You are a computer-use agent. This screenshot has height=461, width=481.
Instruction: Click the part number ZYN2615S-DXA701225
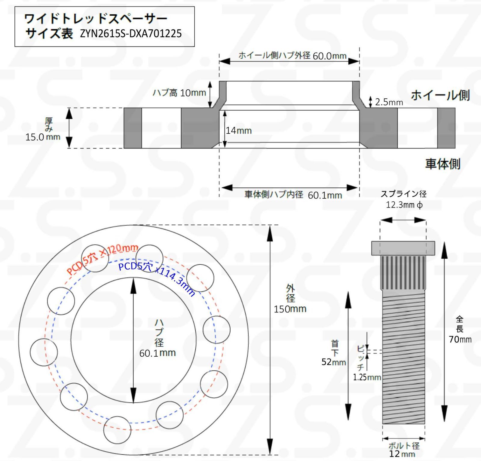pos(131,33)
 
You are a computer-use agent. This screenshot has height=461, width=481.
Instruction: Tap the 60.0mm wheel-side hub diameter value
pos(329,56)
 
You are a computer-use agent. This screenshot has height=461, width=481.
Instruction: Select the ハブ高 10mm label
pos(179,93)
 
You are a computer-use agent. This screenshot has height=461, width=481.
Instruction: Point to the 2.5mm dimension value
pos(389,102)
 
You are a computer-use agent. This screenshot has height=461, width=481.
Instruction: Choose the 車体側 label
pos(443,164)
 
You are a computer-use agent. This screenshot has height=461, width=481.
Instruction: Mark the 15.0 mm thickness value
pos(43,137)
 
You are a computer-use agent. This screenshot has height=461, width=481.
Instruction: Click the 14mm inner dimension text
pos(239,131)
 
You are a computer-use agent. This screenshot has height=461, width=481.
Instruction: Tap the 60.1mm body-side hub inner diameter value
pos(325,195)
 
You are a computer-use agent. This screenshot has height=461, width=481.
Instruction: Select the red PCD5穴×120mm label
pos(102,259)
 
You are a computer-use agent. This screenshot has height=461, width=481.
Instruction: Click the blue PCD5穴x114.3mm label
pos(156,278)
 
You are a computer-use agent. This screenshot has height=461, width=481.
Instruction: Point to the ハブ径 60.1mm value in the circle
pos(157,353)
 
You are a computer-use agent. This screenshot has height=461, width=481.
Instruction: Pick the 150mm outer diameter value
pos(290,309)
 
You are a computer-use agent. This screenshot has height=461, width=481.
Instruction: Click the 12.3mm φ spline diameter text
pos(404,205)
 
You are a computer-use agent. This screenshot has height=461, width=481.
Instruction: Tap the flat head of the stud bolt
pos(403,248)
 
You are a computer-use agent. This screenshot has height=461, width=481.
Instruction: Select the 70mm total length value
pos(460,339)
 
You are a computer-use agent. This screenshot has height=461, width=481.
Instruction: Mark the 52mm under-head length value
pos(333,362)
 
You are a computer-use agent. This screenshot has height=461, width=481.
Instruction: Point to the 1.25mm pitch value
pos(367,377)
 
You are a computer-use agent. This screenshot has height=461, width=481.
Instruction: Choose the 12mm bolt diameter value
pos(402,454)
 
